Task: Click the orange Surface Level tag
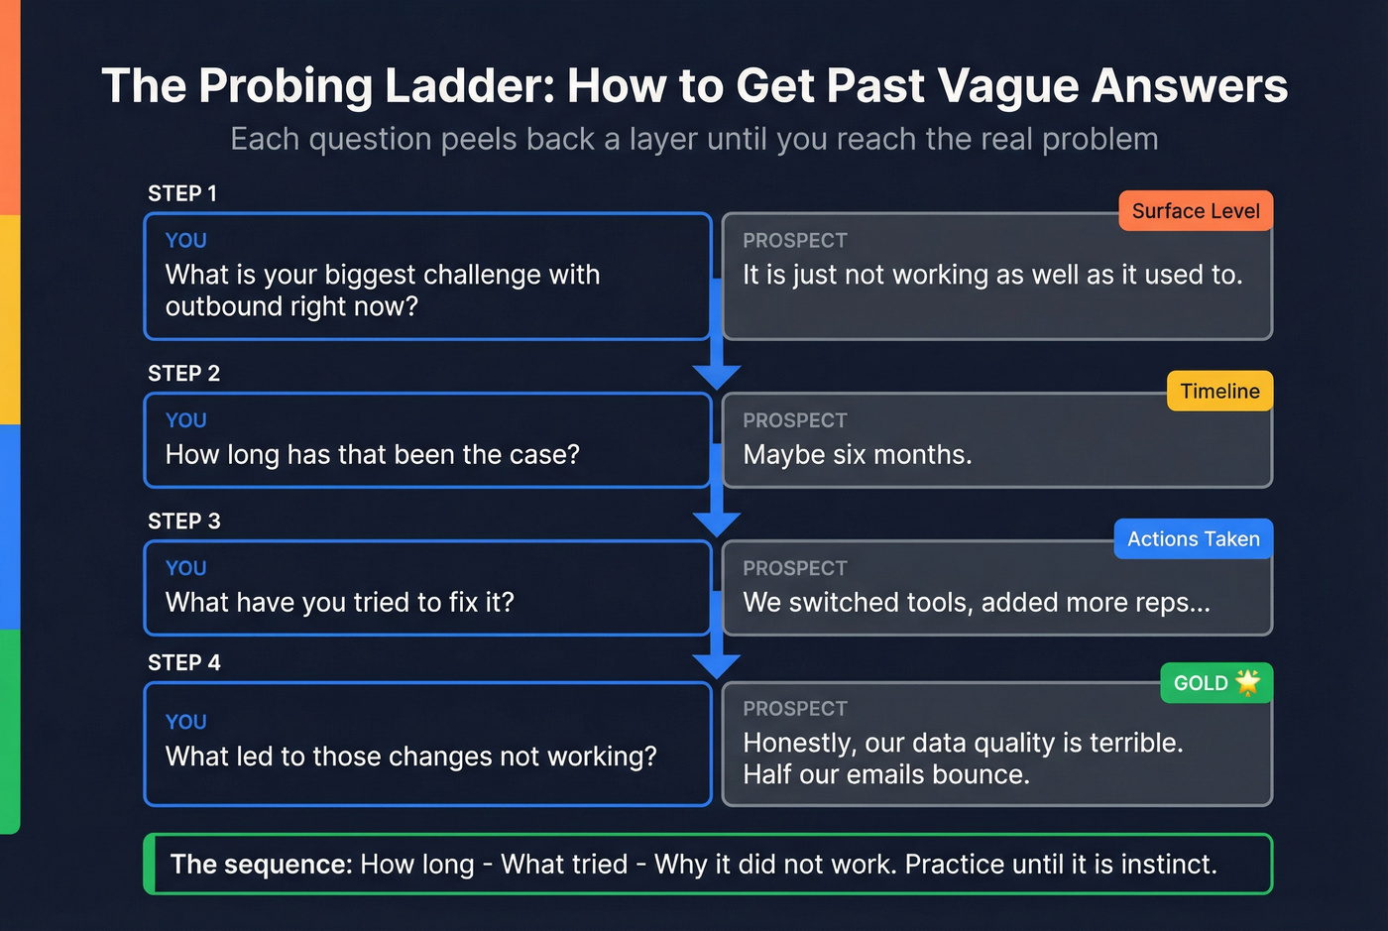click(x=1195, y=211)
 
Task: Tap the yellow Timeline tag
click(x=1219, y=392)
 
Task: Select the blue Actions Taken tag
click(x=1193, y=539)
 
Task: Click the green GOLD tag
click(x=1201, y=683)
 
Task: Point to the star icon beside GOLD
click(x=1247, y=682)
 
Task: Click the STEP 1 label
click(x=182, y=193)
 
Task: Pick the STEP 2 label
click(x=183, y=374)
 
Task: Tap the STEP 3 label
click(x=183, y=522)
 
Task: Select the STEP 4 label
click(x=183, y=663)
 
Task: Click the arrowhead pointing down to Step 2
click(x=717, y=376)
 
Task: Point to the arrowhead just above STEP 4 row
click(x=717, y=665)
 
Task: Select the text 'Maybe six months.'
click(x=858, y=455)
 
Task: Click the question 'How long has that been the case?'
click(x=372, y=455)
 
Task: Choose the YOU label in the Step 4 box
click(x=185, y=722)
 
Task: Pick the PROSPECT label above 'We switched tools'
click(x=795, y=568)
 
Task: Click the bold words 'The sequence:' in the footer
click(x=261, y=865)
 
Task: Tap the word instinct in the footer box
click(x=1167, y=865)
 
